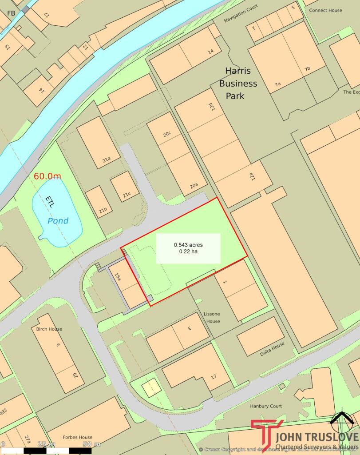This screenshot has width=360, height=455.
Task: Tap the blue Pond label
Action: (58, 221)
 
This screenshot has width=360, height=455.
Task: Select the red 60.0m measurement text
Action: (47, 176)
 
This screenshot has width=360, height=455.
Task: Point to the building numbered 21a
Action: (98, 142)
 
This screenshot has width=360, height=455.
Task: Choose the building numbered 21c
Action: (124, 186)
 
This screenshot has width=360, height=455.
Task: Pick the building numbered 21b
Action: (99, 202)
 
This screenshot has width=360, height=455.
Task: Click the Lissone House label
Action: (212, 318)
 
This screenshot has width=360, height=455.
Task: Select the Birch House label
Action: (47, 329)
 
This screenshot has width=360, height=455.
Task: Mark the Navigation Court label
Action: (241, 13)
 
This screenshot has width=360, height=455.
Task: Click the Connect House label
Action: (325, 10)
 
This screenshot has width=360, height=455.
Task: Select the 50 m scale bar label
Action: (91, 444)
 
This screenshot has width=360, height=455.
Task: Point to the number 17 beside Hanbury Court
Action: (214, 376)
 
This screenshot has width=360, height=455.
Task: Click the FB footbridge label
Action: (11, 13)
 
